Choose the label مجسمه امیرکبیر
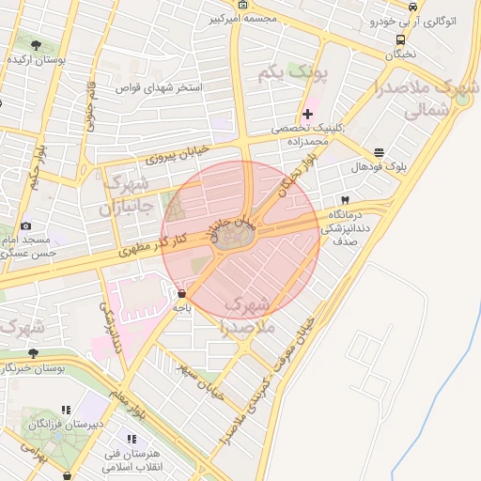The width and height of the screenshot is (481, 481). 273,19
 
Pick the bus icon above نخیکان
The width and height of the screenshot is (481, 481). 401,39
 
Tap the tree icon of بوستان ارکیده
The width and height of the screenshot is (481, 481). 35,45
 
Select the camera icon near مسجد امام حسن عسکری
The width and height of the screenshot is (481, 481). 25,225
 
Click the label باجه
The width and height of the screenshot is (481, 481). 180,306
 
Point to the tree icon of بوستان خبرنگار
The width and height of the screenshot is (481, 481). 34,353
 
